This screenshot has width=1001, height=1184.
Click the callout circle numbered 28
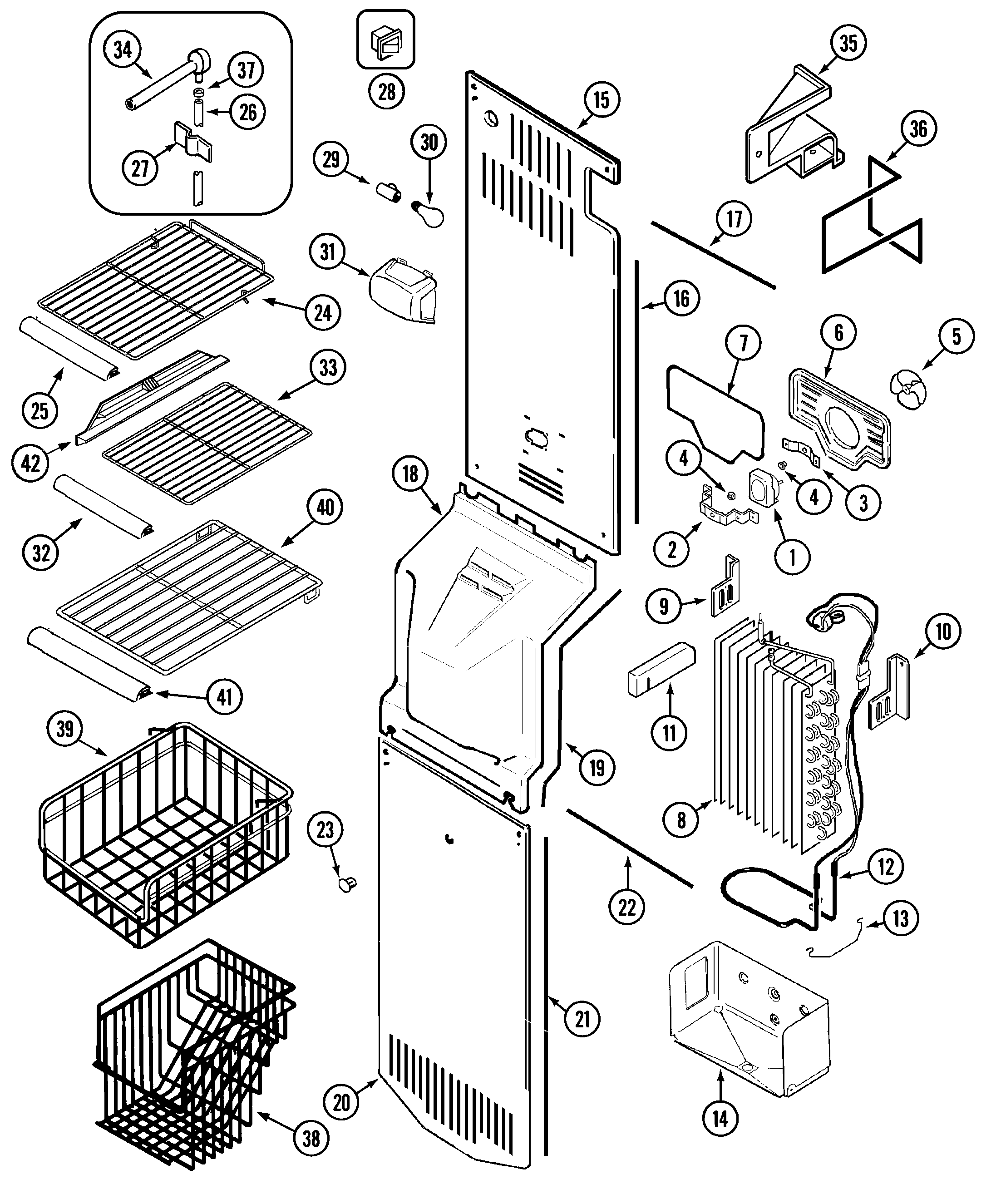pyautogui.click(x=386, y=91)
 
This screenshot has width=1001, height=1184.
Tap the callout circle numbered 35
pyautogui.click(x=848, y=43)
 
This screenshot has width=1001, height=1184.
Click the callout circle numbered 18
pyautogui.click(x=410, y=474)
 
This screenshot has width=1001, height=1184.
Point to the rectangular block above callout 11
pyautogui.click(x=661, y=669)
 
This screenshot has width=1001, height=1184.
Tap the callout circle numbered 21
pyautogui.click(x=583, y=1019)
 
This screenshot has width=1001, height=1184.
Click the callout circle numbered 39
pyautogui.click(x=65, y=729)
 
